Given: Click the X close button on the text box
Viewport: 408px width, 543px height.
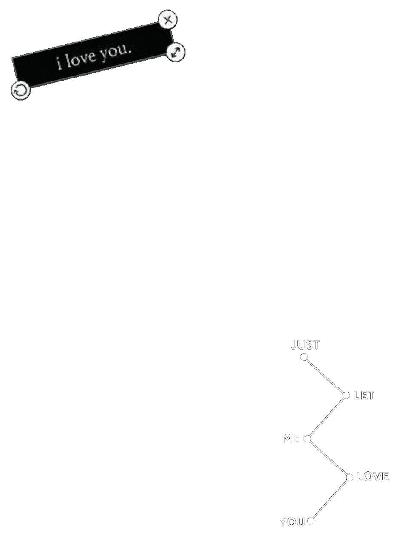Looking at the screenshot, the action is (x=168, y=20).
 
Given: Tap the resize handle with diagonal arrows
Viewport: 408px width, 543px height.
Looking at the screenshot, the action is (x=176, y=53).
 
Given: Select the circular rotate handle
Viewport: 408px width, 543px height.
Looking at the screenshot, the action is (x=20, y=90).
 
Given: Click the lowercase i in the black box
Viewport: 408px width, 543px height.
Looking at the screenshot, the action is (x=59, y=64).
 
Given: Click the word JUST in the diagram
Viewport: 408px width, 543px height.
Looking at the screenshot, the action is (x=306, y=345).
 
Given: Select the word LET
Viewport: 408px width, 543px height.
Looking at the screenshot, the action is (x=364, y=395).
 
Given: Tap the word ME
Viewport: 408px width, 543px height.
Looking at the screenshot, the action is (x=291, y=438).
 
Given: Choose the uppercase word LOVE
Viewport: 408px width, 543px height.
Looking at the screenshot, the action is (x=372, y=476).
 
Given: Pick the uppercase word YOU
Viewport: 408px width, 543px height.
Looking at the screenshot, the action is (x=292, y=522).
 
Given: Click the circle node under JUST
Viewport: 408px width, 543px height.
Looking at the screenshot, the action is (x=304, y=357).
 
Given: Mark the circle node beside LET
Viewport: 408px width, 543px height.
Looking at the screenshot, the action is (x=346, y=395).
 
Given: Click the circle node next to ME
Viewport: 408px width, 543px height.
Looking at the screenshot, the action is (x=307, y=439).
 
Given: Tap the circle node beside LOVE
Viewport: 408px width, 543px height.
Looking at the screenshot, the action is (x=349, y=477).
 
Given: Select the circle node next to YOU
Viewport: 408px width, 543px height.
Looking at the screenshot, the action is (x=311, y=521).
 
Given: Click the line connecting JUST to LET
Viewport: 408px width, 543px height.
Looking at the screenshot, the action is (x=325, y=376).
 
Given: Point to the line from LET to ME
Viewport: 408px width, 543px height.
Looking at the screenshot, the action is (x=327, y=417).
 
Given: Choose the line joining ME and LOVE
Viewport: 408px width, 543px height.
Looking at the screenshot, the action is (x=328, y=458).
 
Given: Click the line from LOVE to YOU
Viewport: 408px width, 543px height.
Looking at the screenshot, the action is (x=330, y=499).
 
